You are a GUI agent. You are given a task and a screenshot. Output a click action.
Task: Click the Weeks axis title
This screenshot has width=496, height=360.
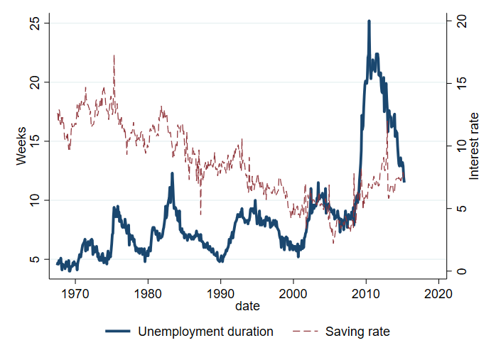click(21, 146)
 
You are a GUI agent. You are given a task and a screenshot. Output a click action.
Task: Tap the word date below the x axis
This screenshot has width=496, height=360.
click(249, 307)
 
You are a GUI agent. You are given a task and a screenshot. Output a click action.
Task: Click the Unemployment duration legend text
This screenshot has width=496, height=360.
click(205, 331)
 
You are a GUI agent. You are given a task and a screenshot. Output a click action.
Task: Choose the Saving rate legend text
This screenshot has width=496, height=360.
click(357, 331)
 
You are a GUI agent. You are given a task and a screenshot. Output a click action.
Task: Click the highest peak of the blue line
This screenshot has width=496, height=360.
click(369, 21)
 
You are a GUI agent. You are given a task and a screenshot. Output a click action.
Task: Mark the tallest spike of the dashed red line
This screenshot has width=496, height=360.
click(114, 55)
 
